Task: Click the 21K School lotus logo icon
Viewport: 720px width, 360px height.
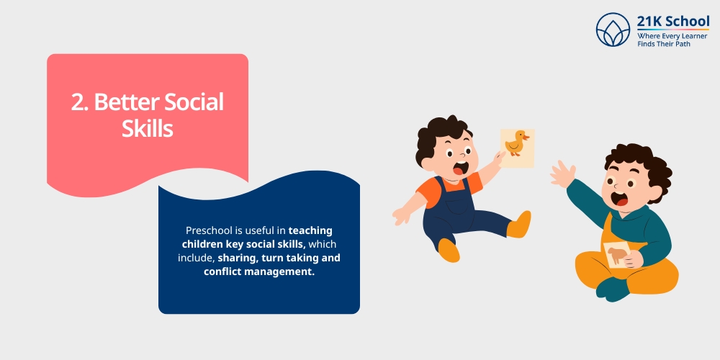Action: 613,30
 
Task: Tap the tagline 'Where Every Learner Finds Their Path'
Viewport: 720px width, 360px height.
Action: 671,40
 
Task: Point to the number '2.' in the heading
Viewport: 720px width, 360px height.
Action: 80,102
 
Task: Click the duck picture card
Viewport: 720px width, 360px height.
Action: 517,147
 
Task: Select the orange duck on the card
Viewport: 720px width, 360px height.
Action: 516,143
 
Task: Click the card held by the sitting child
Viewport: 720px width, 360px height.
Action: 618,255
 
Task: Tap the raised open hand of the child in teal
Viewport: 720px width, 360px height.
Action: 563,173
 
